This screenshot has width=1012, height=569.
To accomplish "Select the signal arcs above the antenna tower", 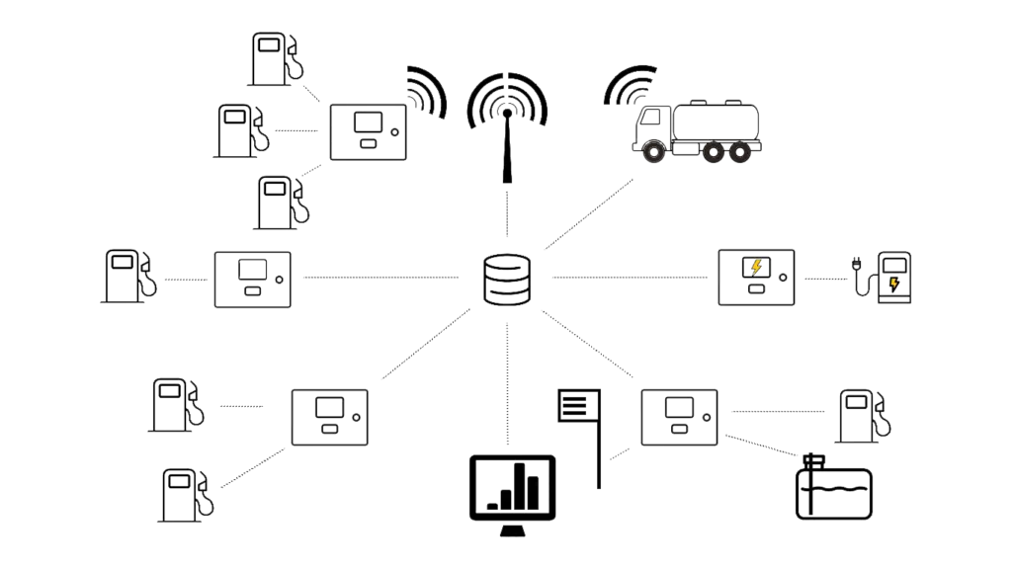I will coord(508,99).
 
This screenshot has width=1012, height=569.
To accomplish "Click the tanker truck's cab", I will coord(652,128).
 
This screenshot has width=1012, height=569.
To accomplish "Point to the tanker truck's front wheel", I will coord(653,152).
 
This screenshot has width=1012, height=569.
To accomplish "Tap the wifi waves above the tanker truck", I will coord(629,84).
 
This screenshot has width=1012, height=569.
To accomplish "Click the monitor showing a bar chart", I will coord(512,487).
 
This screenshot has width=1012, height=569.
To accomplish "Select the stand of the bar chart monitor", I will coord(512,529).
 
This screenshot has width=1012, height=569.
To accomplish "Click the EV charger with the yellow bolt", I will coord(893,277).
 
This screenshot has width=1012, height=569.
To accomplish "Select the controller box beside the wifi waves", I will coord(368,132).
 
